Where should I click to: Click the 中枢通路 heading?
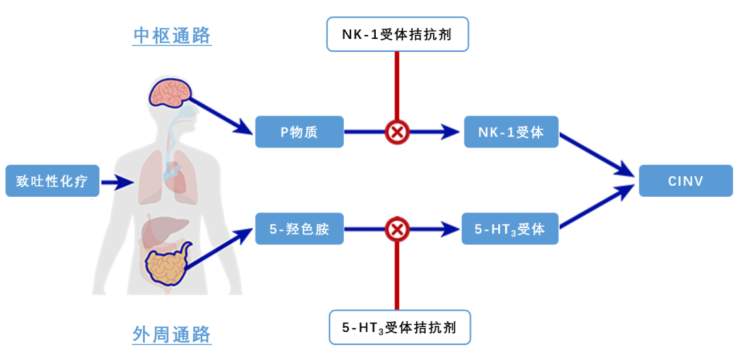pos(172,35)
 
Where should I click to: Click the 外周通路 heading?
pos(172,334)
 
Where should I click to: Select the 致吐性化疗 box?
pos(53,181)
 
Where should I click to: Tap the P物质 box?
pos(299,132)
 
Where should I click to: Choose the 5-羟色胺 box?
pos(299,229)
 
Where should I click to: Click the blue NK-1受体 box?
pos(511,132)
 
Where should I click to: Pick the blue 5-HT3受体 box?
pos(510,229)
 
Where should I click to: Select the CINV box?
pos(685,181)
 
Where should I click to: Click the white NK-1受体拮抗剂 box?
pos(396,35)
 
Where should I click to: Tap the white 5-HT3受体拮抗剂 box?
pos(400,328)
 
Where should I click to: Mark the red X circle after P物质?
pos(396,132)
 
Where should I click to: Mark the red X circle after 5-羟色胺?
pos(396,229)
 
